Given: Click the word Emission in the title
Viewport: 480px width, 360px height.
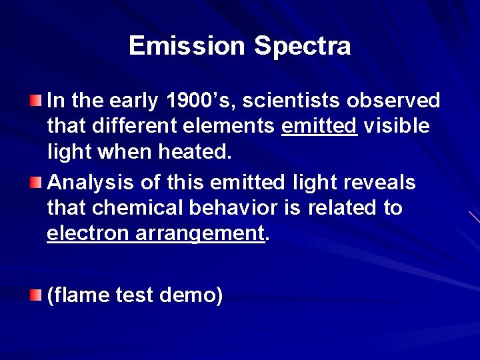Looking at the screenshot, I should [188, 46].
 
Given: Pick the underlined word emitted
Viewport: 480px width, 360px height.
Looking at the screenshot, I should [320, 126].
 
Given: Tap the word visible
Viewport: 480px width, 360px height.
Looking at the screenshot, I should [397, 126].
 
